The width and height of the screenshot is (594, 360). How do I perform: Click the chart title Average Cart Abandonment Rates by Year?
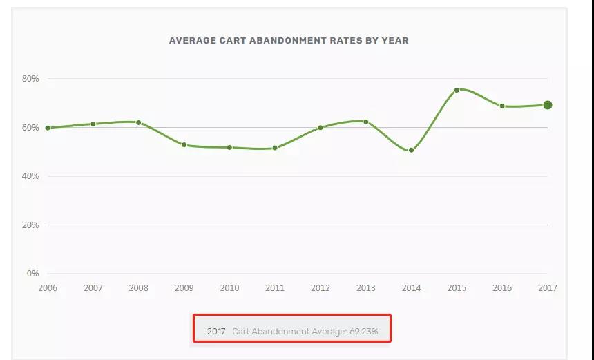(x=289, y=41)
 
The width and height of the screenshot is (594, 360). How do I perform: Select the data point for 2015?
(x=457, y=90)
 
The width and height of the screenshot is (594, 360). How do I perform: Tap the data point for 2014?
(x=411, y=150)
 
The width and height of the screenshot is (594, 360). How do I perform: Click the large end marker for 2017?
(x=547, y=105)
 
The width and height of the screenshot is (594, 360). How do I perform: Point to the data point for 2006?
(x=48, y=128)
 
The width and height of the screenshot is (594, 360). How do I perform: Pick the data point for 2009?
(x=184, y=144)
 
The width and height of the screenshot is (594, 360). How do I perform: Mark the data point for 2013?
(x=365, y=122)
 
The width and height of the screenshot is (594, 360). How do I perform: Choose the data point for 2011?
(x=275, y=148)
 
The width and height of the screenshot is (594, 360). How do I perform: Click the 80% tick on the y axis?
(x=30, y=79)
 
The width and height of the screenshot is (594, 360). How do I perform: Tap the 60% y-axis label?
(x=30, y=128)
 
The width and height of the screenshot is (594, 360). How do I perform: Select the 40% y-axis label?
(x=30, y=176)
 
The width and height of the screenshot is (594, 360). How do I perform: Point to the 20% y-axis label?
(x=30, y=225)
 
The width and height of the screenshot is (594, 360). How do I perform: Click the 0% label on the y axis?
(x=32, y=274)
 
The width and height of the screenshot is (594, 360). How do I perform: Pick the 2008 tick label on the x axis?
(x=138, y=288)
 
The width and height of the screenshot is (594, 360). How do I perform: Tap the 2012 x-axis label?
(x=320, y=288)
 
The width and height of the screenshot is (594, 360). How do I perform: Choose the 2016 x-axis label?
(x=502, y=288)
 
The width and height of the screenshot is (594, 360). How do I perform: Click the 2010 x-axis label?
(x=229, y=288)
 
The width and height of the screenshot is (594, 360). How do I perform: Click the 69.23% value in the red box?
(x=363, y=332)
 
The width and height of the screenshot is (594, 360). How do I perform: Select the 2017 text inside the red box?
(x=216, y=332)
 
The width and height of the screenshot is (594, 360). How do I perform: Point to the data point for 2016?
(x=502, y=106)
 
